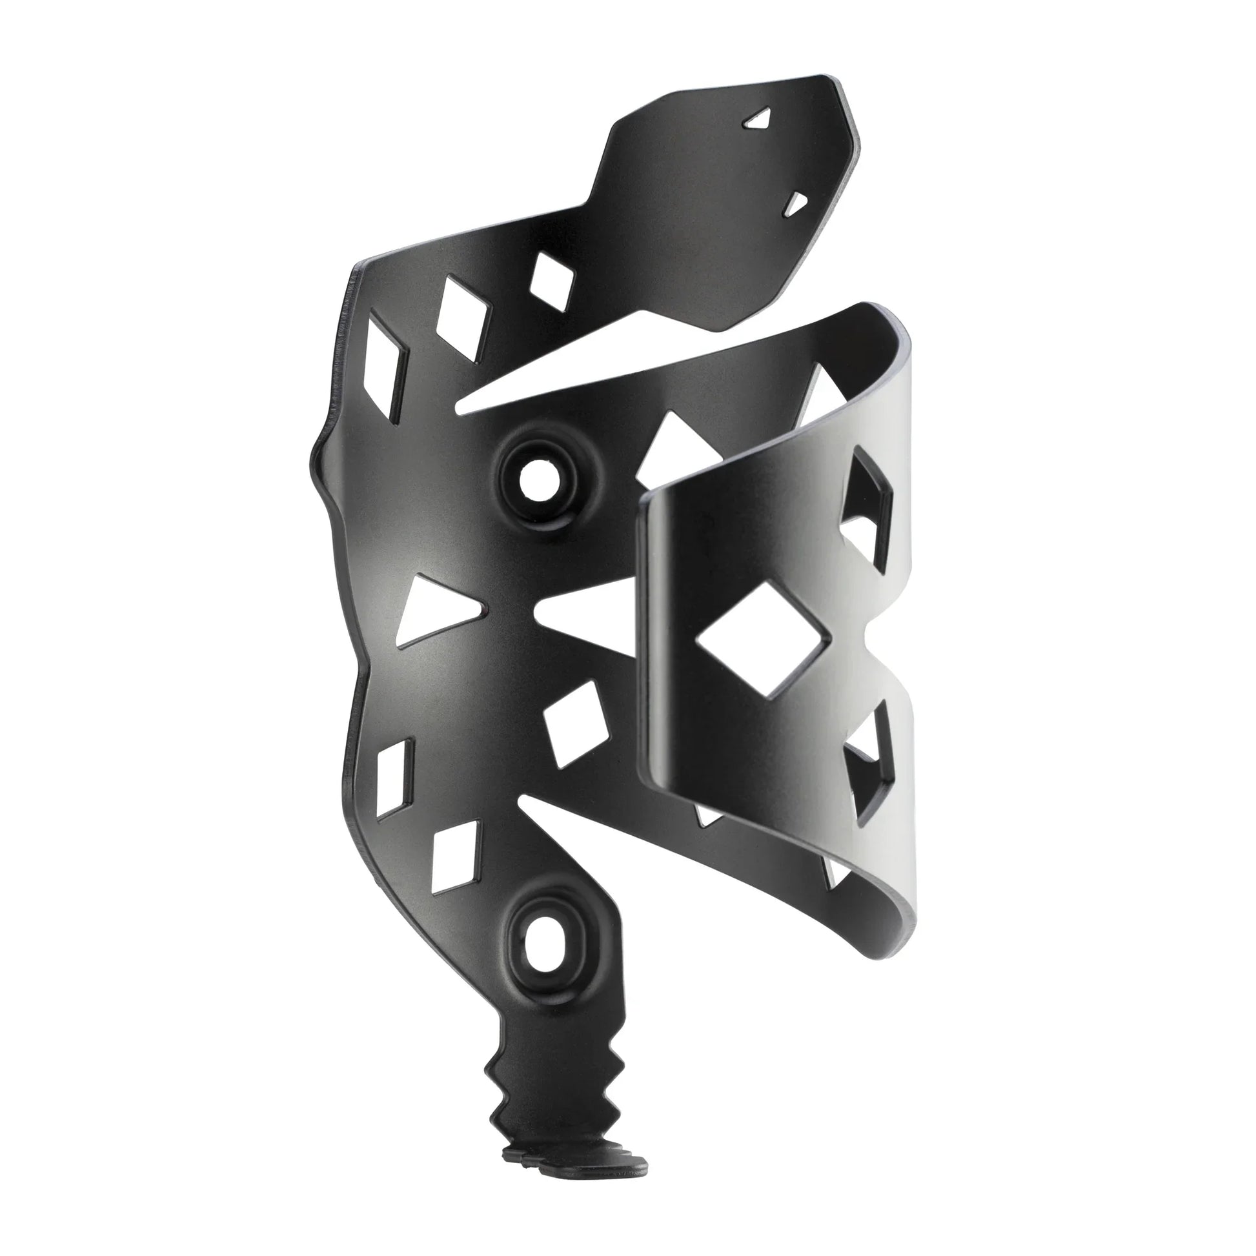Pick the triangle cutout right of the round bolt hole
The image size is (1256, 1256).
(x=673, y=449)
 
